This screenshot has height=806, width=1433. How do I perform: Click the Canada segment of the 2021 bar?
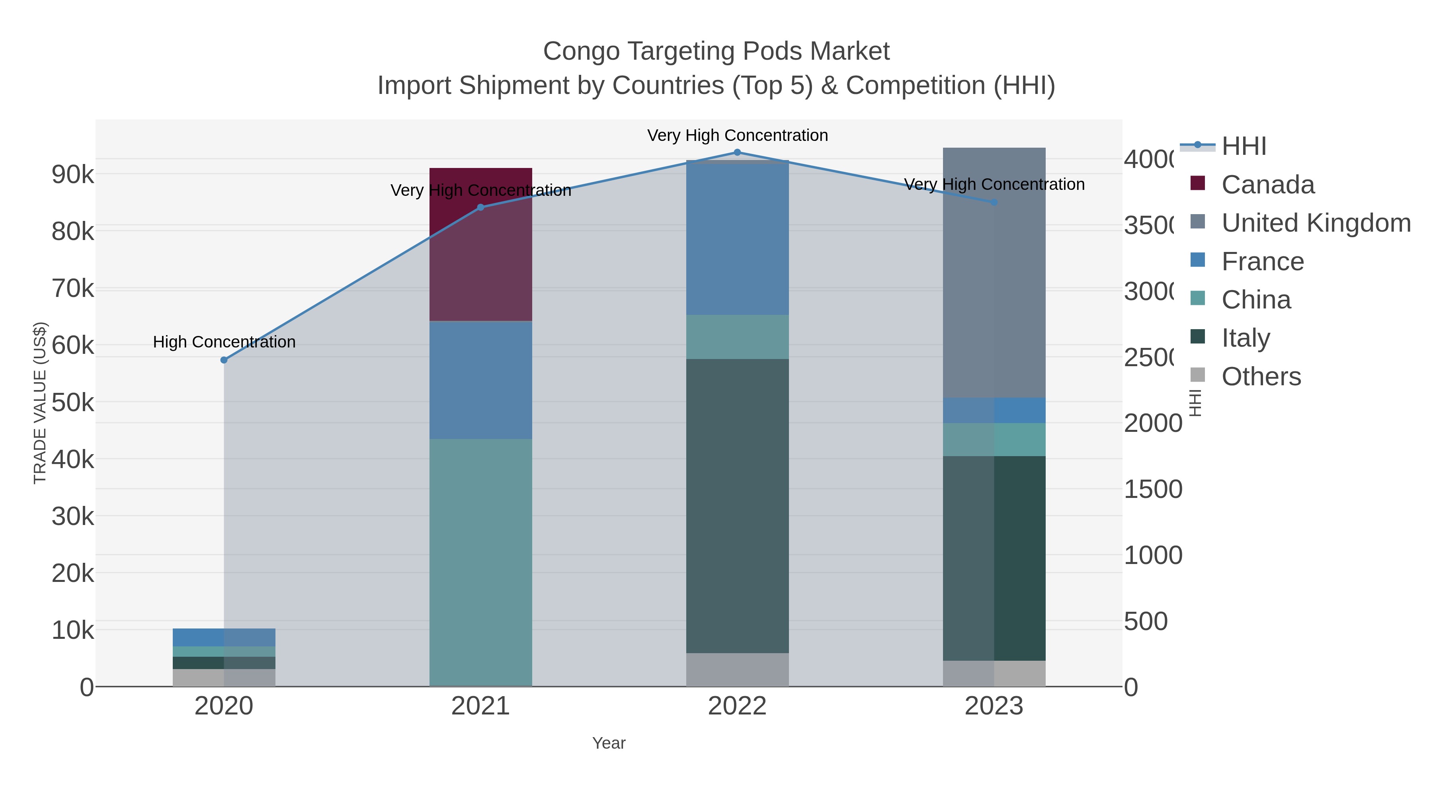pos(480,245)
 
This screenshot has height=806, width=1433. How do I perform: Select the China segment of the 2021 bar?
pos(480,562)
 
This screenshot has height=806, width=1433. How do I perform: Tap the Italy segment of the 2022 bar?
pos(737,506)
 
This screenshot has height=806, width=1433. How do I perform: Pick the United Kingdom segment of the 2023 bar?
pos(994,273)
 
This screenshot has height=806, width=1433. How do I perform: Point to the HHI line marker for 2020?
pos(224,360)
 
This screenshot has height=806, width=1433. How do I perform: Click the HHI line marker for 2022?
pos(737,152)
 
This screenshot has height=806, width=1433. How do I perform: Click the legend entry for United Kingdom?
pos(1315,222)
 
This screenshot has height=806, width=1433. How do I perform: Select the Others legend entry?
pos(1261,377)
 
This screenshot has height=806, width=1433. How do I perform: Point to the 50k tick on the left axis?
pos(73,403)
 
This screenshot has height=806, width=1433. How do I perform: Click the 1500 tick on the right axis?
pos(1153,490)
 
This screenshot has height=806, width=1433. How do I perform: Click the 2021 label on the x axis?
pos(480,706)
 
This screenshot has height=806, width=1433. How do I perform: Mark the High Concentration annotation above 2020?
pos(224,342)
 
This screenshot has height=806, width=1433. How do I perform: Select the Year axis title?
pos(609,743)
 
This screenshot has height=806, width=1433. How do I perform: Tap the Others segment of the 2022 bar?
pos(737,670)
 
